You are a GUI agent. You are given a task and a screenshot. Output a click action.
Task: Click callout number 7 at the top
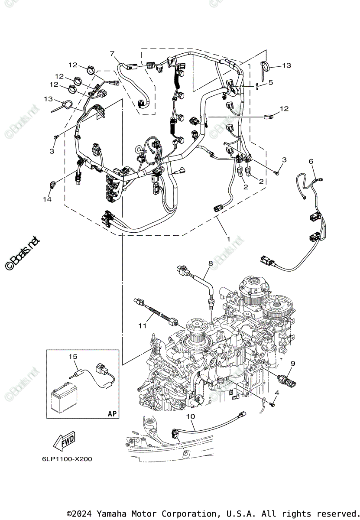[112, 54]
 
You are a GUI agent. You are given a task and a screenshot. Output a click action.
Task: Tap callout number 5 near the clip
[270, 82]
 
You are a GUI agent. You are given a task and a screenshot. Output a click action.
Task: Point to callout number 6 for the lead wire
[311, 161]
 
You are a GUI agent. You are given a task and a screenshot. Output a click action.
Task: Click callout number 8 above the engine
[211, 263]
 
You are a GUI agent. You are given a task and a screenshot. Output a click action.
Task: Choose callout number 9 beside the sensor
[293, 363]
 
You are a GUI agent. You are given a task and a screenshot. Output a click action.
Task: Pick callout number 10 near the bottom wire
[191, 416]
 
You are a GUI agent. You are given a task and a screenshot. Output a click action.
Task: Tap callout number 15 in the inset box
[72, 356]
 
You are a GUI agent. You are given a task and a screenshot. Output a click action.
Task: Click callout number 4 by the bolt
[277, 393]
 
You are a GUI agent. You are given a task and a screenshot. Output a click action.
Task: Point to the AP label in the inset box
[112, 413]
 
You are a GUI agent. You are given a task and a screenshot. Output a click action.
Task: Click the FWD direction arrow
[64, 442]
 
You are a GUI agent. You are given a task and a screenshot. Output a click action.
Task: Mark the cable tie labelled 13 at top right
[265, 66]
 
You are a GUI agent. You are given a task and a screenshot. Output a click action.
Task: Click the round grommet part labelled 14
[52, 184]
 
